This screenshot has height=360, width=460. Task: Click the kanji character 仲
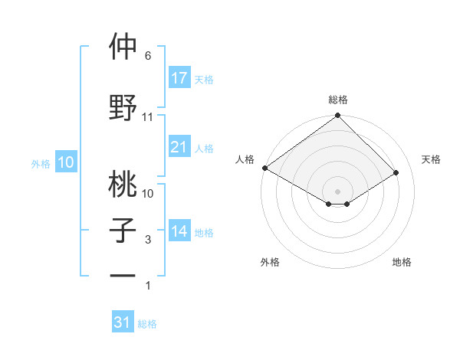123,47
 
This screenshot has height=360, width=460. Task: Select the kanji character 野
123,108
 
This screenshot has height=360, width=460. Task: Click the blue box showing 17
179,78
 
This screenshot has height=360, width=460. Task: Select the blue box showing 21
179,147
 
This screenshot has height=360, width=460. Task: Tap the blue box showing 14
179,232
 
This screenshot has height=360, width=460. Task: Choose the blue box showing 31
123,322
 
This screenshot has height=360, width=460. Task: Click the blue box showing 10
65,162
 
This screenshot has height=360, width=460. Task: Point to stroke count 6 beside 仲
148,56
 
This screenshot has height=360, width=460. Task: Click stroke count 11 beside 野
148,117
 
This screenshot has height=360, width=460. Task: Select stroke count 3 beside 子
148,240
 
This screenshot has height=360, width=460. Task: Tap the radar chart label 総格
338,100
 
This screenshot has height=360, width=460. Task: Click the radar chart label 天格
431,159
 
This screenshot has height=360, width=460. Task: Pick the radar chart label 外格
270,262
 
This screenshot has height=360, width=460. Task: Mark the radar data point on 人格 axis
264,168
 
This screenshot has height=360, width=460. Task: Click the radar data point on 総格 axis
337,116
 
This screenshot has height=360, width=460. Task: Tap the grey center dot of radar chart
337,191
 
